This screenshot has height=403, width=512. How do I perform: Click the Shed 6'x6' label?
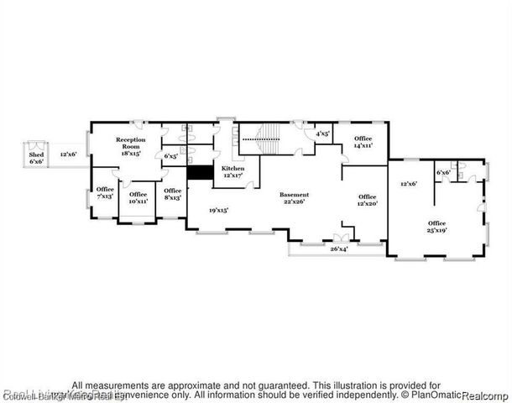35,158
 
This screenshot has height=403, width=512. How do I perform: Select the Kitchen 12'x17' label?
232,172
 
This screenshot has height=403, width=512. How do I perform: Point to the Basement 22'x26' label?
294,197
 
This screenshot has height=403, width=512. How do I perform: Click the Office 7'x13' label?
105,192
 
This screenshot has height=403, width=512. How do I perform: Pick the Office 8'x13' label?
172,194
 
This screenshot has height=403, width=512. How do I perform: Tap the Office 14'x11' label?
363,141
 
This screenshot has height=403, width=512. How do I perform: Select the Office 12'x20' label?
368,200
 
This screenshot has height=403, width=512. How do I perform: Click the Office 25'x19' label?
435,227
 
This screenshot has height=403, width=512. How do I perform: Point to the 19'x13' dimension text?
219,210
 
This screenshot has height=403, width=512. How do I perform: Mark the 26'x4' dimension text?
340,249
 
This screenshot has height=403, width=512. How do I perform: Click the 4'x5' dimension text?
321,133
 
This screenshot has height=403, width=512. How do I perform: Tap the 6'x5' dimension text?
170,155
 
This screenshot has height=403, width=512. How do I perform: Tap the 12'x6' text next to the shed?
69,154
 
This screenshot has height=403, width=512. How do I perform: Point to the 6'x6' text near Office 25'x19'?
443,173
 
